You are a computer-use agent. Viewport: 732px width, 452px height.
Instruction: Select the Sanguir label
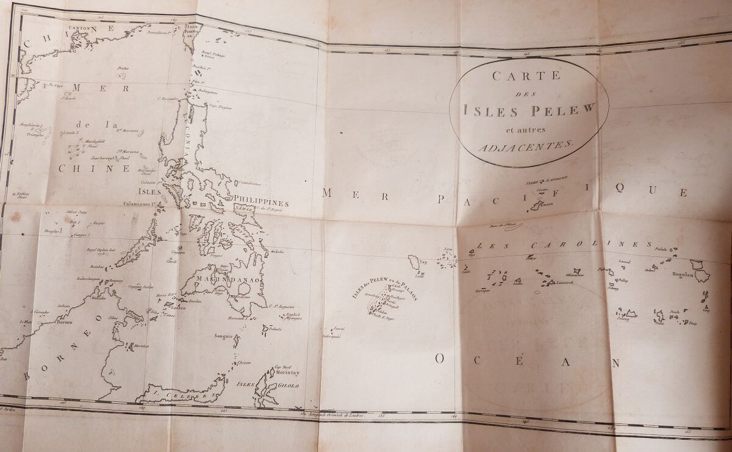click(x=224, y=335)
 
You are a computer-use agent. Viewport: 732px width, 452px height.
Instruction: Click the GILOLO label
click(x=289, y=386)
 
